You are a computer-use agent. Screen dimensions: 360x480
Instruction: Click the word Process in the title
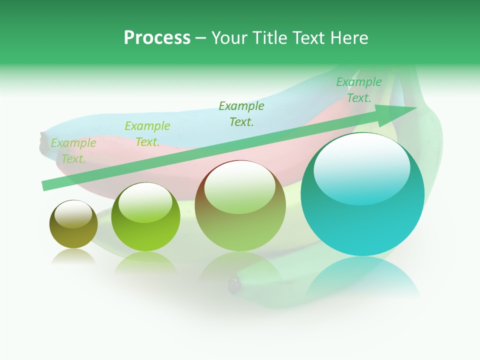(x=157, y=38)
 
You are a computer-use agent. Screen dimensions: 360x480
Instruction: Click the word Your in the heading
(x=228, y=38)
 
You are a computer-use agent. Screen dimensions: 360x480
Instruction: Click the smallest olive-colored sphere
(x=73, y=224)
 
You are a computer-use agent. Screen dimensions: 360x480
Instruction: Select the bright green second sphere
(x=145, y=217)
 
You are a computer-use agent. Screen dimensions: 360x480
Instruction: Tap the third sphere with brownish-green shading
(x=240, y=206)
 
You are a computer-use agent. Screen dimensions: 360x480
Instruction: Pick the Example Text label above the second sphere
(x=147, y=134)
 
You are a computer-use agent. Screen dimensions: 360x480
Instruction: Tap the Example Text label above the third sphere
(x=241, y=113)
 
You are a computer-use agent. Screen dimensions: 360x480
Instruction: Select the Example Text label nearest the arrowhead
(x=359, y=90)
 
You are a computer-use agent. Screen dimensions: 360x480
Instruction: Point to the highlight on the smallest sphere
(x=73, y=213)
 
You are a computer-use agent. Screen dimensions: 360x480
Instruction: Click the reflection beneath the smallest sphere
(x=73, y=256)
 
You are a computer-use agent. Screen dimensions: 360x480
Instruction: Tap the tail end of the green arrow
(x=46, y=185)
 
